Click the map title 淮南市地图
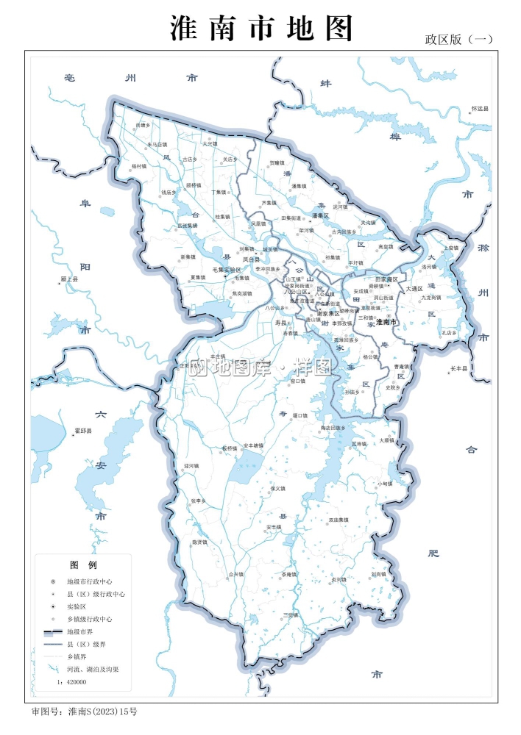click(x=261, y=29)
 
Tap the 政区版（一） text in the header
click(x=458, y=40)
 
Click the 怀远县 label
click(x=480, y=109)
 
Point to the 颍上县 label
click(x=69, y=280)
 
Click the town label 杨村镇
click(x=139, y=166)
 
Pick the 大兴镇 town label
click(x=210, y=144)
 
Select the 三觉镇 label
click(x=291, y=614)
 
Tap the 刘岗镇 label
click(x=378, y=574)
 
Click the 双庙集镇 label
click(x=339, y=520)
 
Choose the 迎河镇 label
click(x=191, y=465)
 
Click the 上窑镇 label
click(x=451, y=248)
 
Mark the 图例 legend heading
click(x=83, y=565)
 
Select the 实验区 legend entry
click(x=77, y=606)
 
